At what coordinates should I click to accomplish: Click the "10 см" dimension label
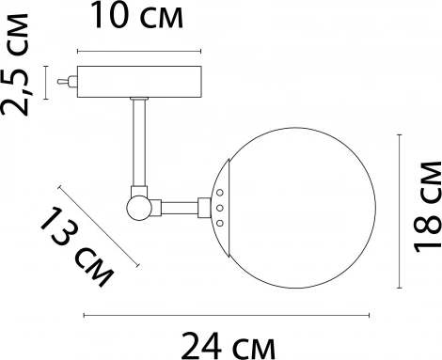(138, 16)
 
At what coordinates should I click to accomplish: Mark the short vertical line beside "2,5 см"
(47, 82)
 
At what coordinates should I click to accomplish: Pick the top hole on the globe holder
(219, 192)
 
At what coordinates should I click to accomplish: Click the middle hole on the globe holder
(218, 207)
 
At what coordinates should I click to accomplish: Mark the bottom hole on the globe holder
(219, 223)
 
